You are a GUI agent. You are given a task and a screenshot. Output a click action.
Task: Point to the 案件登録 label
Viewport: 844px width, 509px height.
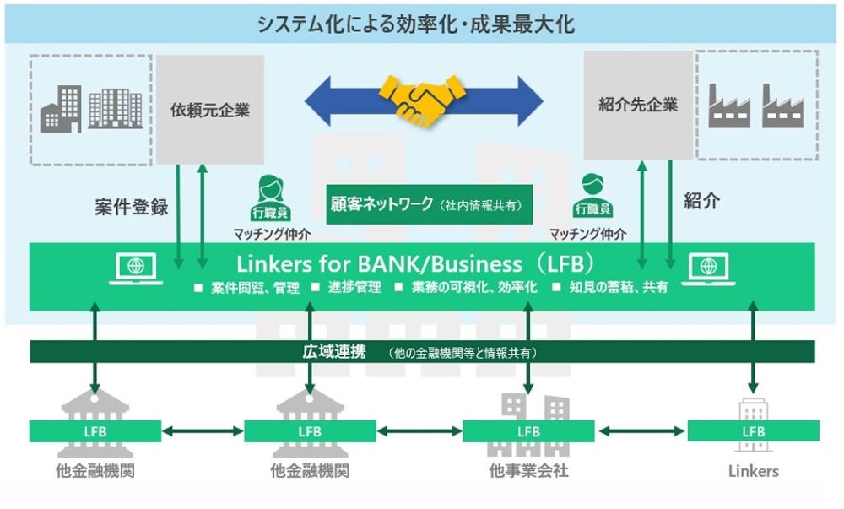[131, 208]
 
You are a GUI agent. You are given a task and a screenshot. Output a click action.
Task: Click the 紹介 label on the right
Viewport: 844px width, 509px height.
[701, 203]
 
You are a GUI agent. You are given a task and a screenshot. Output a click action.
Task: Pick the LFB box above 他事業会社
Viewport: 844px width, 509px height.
[528, 431]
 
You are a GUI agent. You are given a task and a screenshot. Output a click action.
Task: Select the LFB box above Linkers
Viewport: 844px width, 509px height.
[753, 431]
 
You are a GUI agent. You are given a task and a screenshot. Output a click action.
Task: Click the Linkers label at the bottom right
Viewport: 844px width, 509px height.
[753, 471]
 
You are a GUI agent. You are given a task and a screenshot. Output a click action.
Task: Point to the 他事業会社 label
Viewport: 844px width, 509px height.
[528, 471]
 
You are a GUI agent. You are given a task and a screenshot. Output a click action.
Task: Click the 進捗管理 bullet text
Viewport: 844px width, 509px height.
[354, 288]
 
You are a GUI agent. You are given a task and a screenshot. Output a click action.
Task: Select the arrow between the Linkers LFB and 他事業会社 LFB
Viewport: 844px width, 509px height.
[641, 431]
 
